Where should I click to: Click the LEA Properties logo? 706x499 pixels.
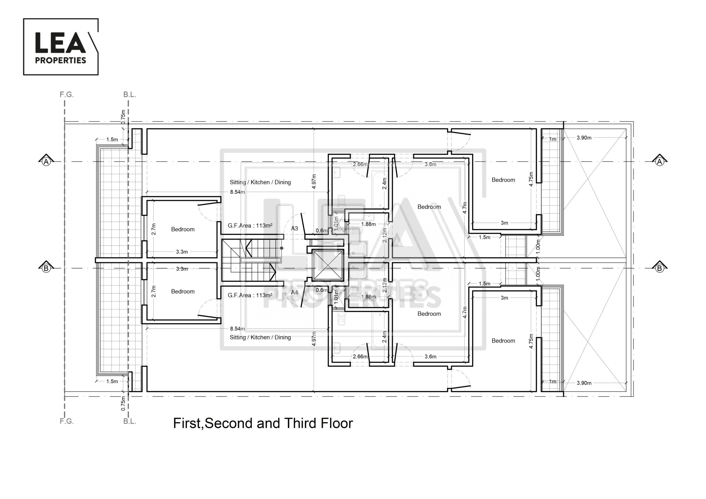tap(61, 47)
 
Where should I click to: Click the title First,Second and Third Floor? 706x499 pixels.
tap(263, 423)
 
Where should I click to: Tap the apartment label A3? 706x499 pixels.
tap(295, 229)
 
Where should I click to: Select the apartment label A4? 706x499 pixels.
tap(295, 293)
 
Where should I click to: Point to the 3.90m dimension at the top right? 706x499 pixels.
tap(584, 138)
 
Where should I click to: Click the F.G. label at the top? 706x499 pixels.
tap(67, 95)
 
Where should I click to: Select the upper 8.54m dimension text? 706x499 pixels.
tap(237, 192)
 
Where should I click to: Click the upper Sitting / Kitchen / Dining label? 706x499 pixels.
tap(260, 182)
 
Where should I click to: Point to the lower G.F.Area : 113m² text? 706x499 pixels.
tap(250, 295)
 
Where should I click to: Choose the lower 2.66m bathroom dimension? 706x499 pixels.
tap(360, 357)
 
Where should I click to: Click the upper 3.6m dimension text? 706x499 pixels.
tap(430, 164)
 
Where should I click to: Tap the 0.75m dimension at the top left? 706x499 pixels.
tap(123, 117)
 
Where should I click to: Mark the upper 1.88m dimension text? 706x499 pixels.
tap(368, 224)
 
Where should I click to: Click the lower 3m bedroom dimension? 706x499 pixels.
tap(504, 298)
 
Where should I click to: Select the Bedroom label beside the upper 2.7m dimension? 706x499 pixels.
tap(183, 229)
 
